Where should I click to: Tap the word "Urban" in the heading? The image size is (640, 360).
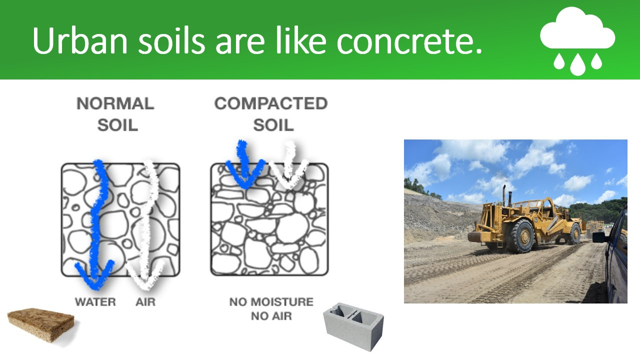tap(80, 40)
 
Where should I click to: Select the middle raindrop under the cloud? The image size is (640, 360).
tap(577, 64)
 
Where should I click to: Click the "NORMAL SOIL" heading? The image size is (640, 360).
tap(115, 114)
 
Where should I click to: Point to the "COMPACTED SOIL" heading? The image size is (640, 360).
tap(271, 114)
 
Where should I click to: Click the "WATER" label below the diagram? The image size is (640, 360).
tap(95, 302)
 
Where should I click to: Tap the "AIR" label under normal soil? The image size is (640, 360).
tap(145, 302)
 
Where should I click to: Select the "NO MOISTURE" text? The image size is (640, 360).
tap(271, 302)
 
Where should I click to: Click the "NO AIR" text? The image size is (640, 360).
tap(271, 316)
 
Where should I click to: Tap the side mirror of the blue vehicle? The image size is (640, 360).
tap(599, 237)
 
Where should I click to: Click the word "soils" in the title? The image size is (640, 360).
tap(171, 40)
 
